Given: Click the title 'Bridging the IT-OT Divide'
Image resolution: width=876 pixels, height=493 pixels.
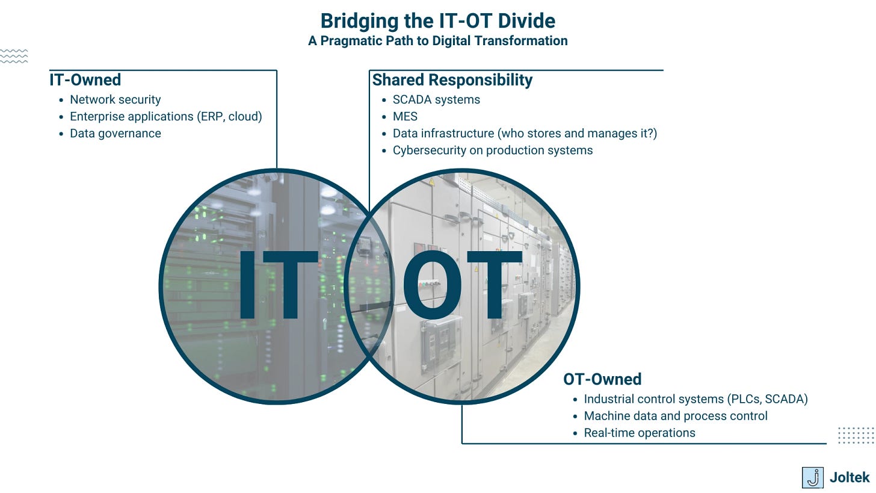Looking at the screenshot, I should pos(437,21).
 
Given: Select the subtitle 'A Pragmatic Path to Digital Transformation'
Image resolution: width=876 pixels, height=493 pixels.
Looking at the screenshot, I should pos(437,41).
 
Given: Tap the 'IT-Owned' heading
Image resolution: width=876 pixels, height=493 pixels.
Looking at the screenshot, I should pos(85,80).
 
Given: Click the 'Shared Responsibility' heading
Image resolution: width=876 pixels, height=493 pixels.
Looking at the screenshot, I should pos(452,80).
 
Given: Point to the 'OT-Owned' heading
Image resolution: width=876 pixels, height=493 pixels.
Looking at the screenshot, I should pos(602,379).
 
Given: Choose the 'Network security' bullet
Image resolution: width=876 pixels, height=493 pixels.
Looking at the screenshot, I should pos(115,100).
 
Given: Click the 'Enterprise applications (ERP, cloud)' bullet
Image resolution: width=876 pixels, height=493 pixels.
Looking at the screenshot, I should pos(165,117).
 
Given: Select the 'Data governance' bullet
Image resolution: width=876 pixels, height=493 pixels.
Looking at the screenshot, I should pos(115,134).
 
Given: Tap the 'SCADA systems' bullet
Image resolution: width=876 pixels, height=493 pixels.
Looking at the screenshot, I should pos(436,100).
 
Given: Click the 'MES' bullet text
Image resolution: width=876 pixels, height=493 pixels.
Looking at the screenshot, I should pos(405,117).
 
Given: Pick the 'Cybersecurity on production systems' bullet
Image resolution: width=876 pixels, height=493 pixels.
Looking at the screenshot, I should pos(492,150).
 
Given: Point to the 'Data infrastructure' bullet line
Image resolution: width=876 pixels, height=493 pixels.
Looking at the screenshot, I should pos(525,134).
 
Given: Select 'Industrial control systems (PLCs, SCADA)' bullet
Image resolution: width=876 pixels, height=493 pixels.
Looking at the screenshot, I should pos(696,399).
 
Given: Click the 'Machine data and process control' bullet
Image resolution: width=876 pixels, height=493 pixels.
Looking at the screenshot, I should pos(676,416).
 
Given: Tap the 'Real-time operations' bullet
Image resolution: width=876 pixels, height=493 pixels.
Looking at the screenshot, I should pos(640,433).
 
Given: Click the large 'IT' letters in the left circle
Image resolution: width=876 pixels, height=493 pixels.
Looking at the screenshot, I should pos(277,285).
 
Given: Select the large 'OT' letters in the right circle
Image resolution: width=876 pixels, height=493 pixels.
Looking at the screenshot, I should pos(461,285).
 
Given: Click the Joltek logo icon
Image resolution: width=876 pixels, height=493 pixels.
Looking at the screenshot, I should pos(812,477).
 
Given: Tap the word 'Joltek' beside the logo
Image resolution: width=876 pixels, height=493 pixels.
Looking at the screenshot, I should pos(850,478).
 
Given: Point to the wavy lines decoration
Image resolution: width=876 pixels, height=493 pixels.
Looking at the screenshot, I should pos(14,56).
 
